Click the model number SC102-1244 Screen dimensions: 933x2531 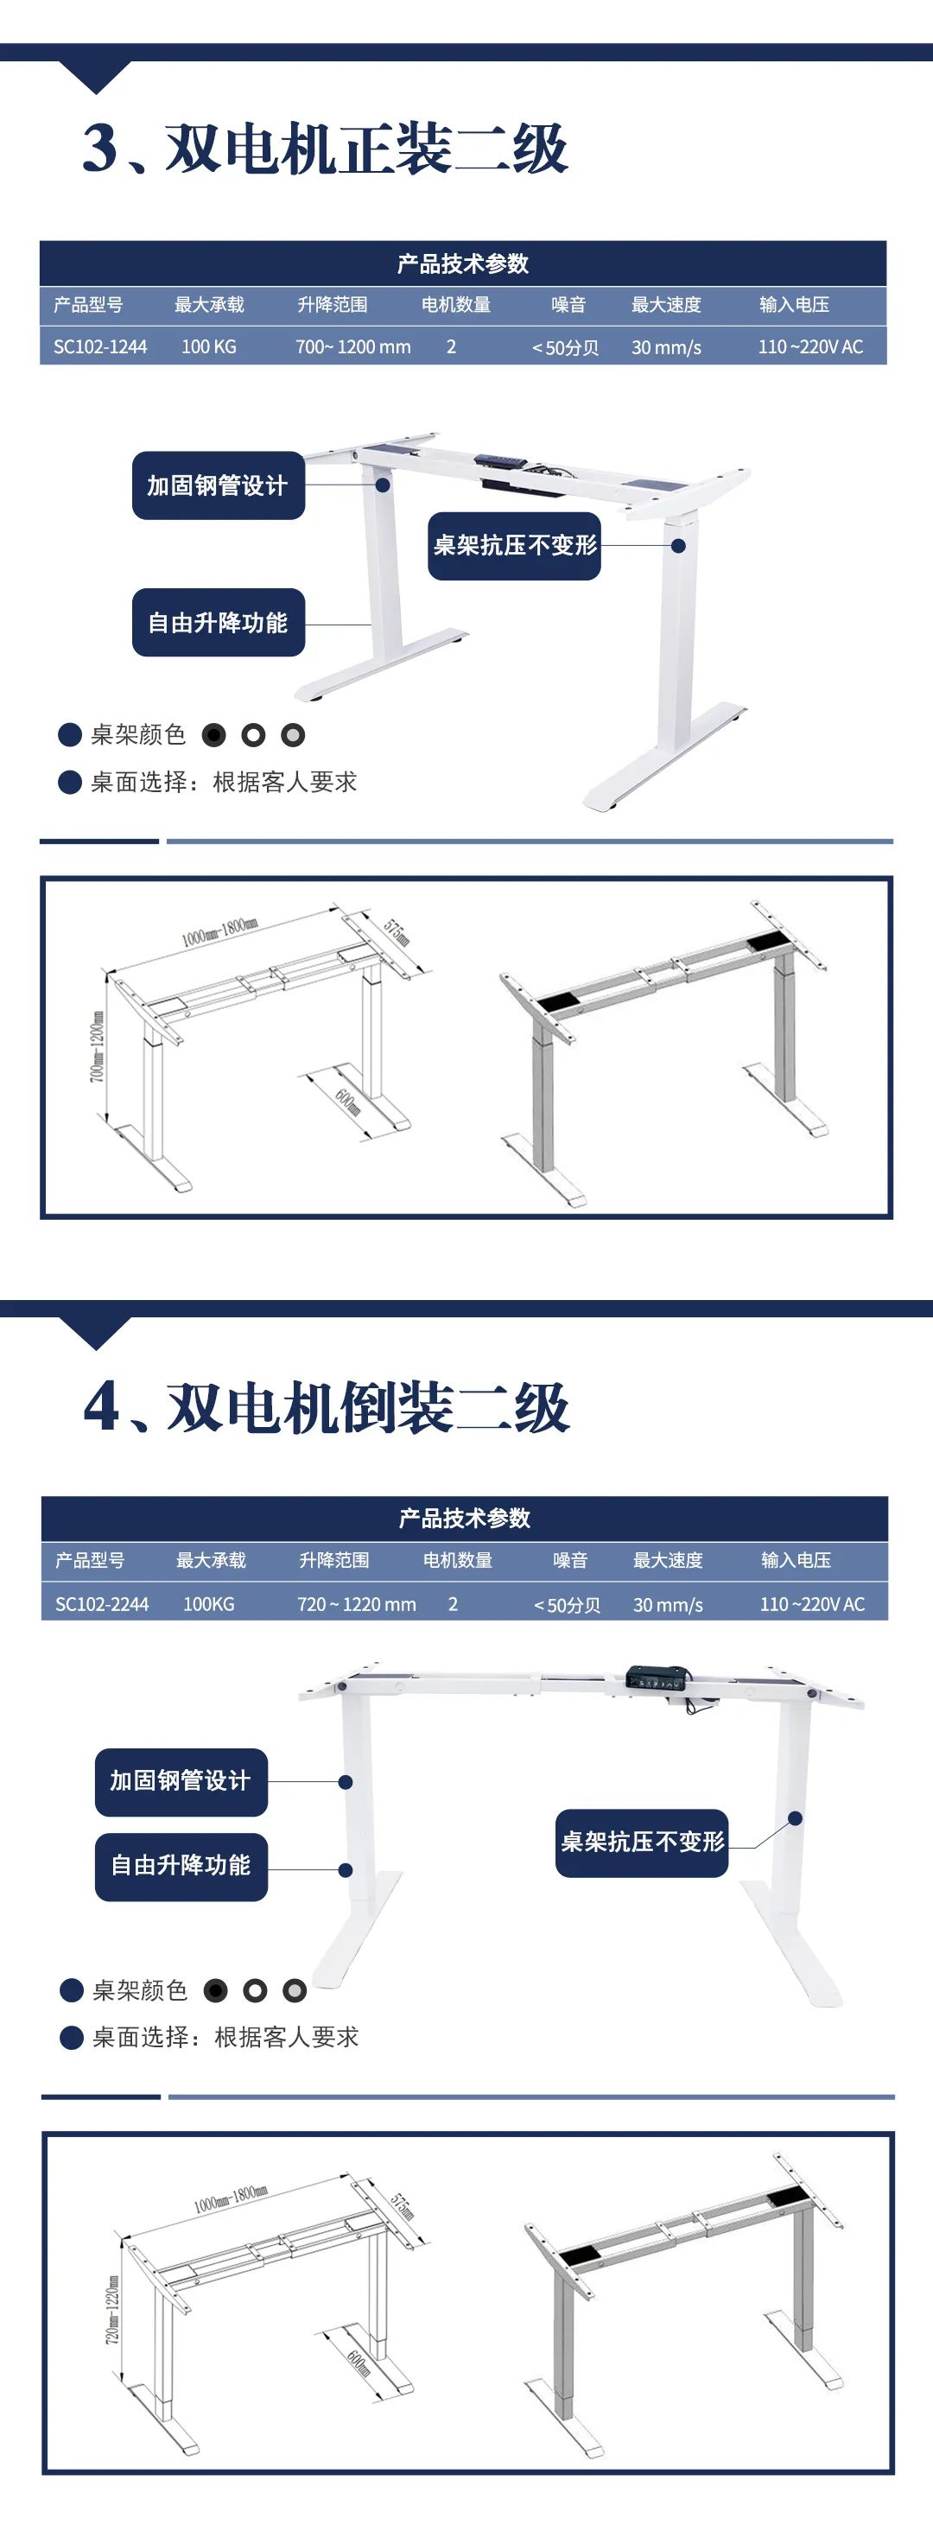click(x=100, y=347)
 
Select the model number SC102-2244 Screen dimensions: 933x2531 click(x=102, y=1604)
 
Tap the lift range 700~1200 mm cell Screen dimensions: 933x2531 click(x=353, y=347)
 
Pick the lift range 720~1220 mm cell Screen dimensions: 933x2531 click(x=357, y=1604)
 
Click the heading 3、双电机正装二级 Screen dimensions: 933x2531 click(x=325, y=149)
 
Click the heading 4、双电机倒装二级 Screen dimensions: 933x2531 click(x=327, y=1407)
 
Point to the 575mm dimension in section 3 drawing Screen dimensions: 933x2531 click(x=397, y=932)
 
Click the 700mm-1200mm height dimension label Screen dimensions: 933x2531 click(x=98, y=1047)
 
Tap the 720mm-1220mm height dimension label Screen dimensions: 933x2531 click(x=113, y=2310)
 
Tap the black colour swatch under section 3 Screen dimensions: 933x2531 click(x=214, y=735)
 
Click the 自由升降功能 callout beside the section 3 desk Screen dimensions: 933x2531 click(x=218, y=623)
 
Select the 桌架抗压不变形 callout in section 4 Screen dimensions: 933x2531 click(x=642, y=1843)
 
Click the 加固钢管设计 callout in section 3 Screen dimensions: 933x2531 click(x=218, y=485)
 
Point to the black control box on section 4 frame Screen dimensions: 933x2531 click(x=658, y=1678)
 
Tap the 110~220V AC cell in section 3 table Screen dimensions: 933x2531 click(x=810, y=347)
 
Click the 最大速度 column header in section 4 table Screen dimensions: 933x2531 click(x=668, y=1560)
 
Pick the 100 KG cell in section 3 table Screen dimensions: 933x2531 click(x=208, y=347)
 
